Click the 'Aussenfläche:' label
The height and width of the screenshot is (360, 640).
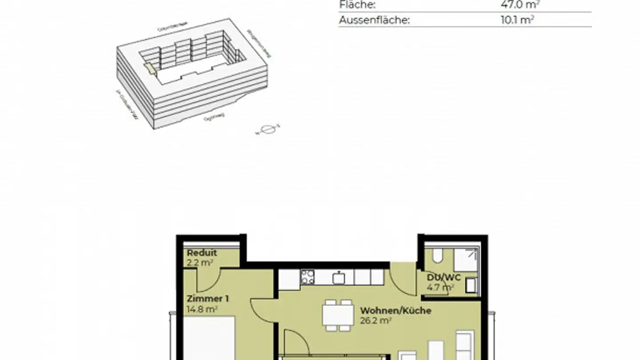(x=374, y=20)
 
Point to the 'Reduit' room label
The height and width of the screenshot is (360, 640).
(x=202, y=253)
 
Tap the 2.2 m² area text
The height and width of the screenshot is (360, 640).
(x=200, y=262)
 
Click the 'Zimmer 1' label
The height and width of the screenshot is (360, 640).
(x=208, y=299)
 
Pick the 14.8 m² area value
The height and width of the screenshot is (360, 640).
(x=202, y=309)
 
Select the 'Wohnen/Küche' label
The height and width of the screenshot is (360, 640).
(x=396, y=310)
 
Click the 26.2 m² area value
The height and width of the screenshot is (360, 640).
(x=376, y=320)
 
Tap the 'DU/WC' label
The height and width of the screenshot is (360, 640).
(x=444, y=277)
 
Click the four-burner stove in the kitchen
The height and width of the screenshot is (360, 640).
(x=307, y=277)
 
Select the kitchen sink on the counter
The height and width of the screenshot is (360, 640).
(x=339, y=277)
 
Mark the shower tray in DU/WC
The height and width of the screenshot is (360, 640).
(x=465, y=260)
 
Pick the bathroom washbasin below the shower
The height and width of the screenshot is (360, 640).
(x=472, y=285)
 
